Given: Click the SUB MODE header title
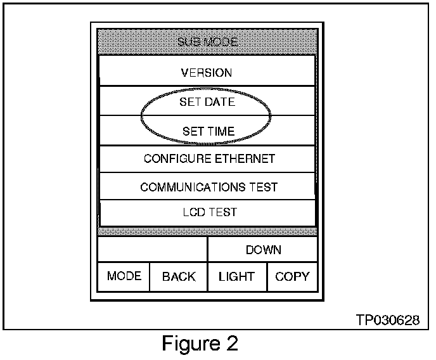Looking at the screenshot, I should pyautogui.click(x=207, y=42).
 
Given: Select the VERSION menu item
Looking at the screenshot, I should pyautogui.click(x=207, y=73).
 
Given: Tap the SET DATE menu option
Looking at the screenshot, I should pyautogui.click(x=207, y=102).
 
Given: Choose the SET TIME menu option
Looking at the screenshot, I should pyautogui.click(x=208, y=131).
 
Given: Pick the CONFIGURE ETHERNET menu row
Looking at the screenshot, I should pyautogui.click(x=209, y=158).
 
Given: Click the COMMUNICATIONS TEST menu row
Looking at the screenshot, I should pyautogui.click(x=208, y=187).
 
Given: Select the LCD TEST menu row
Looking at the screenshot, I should pyautogui.click(x=209, y=212).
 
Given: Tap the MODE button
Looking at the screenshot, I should pyautogui.click(x=124, y=276).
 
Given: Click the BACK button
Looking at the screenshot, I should pyautogui.click(x=179, y=276).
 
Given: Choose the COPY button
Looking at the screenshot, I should pyautogui.click(x=292, y=276).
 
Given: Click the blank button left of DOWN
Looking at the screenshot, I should pyautogui.click(x=153, y=249).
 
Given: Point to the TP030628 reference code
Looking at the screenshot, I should pyautogui.click(x=388, y=321).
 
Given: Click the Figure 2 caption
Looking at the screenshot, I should pyautogui.click(x=200, y=344).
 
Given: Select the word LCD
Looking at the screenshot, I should pyautogui.click(x=193, y=212).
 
